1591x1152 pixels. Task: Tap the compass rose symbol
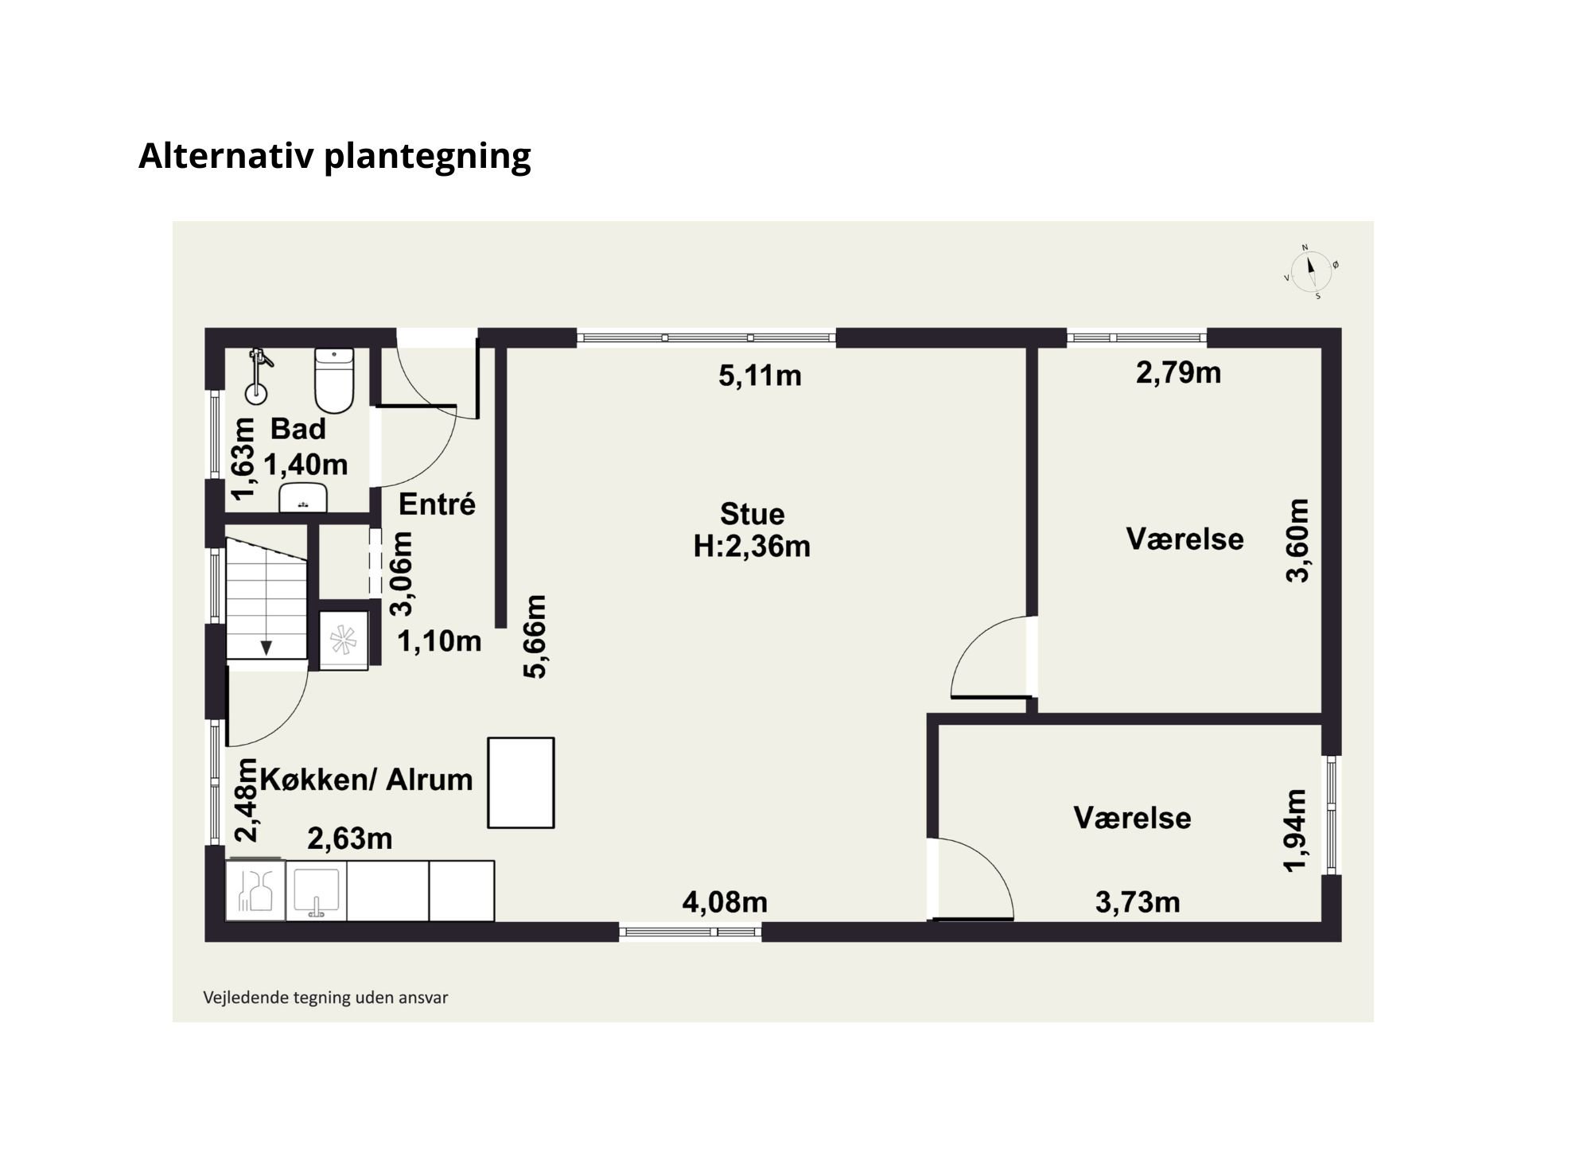coord(1311,272)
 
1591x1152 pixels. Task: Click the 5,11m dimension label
coord(760,376)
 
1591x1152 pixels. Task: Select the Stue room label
coord(752,514)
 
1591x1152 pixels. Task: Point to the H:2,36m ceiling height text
coord(752,547)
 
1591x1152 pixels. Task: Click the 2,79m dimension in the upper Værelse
coord(1178,372)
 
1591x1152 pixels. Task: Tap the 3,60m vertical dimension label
coord(1297,540)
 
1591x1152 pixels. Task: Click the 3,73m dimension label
coord(1138,902)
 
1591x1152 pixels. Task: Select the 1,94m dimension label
coord(1296,831)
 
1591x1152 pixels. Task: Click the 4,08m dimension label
coord(725,902)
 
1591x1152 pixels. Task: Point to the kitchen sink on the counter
coord(317,892)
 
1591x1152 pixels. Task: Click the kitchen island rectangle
coord(521,783)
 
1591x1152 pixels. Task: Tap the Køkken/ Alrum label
coord(367,780)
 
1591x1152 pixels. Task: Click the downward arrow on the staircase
coord(266,648)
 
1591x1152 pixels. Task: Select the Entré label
coord(437,504)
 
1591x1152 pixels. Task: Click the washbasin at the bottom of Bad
coord(303,498)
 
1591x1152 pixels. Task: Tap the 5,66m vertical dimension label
coord(535,636)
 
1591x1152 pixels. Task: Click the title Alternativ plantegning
coord(334,155)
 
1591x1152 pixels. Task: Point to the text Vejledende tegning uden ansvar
coord(325,998)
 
